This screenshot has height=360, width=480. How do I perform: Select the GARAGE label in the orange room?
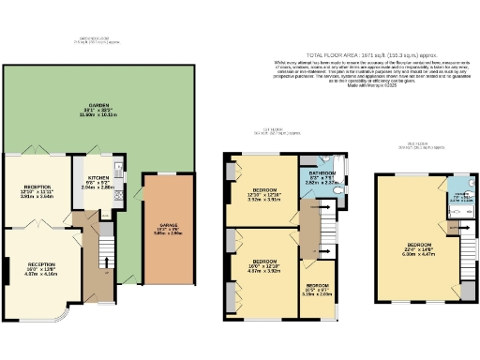(165, 226)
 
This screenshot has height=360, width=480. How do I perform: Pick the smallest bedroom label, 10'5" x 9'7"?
(320, 291)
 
